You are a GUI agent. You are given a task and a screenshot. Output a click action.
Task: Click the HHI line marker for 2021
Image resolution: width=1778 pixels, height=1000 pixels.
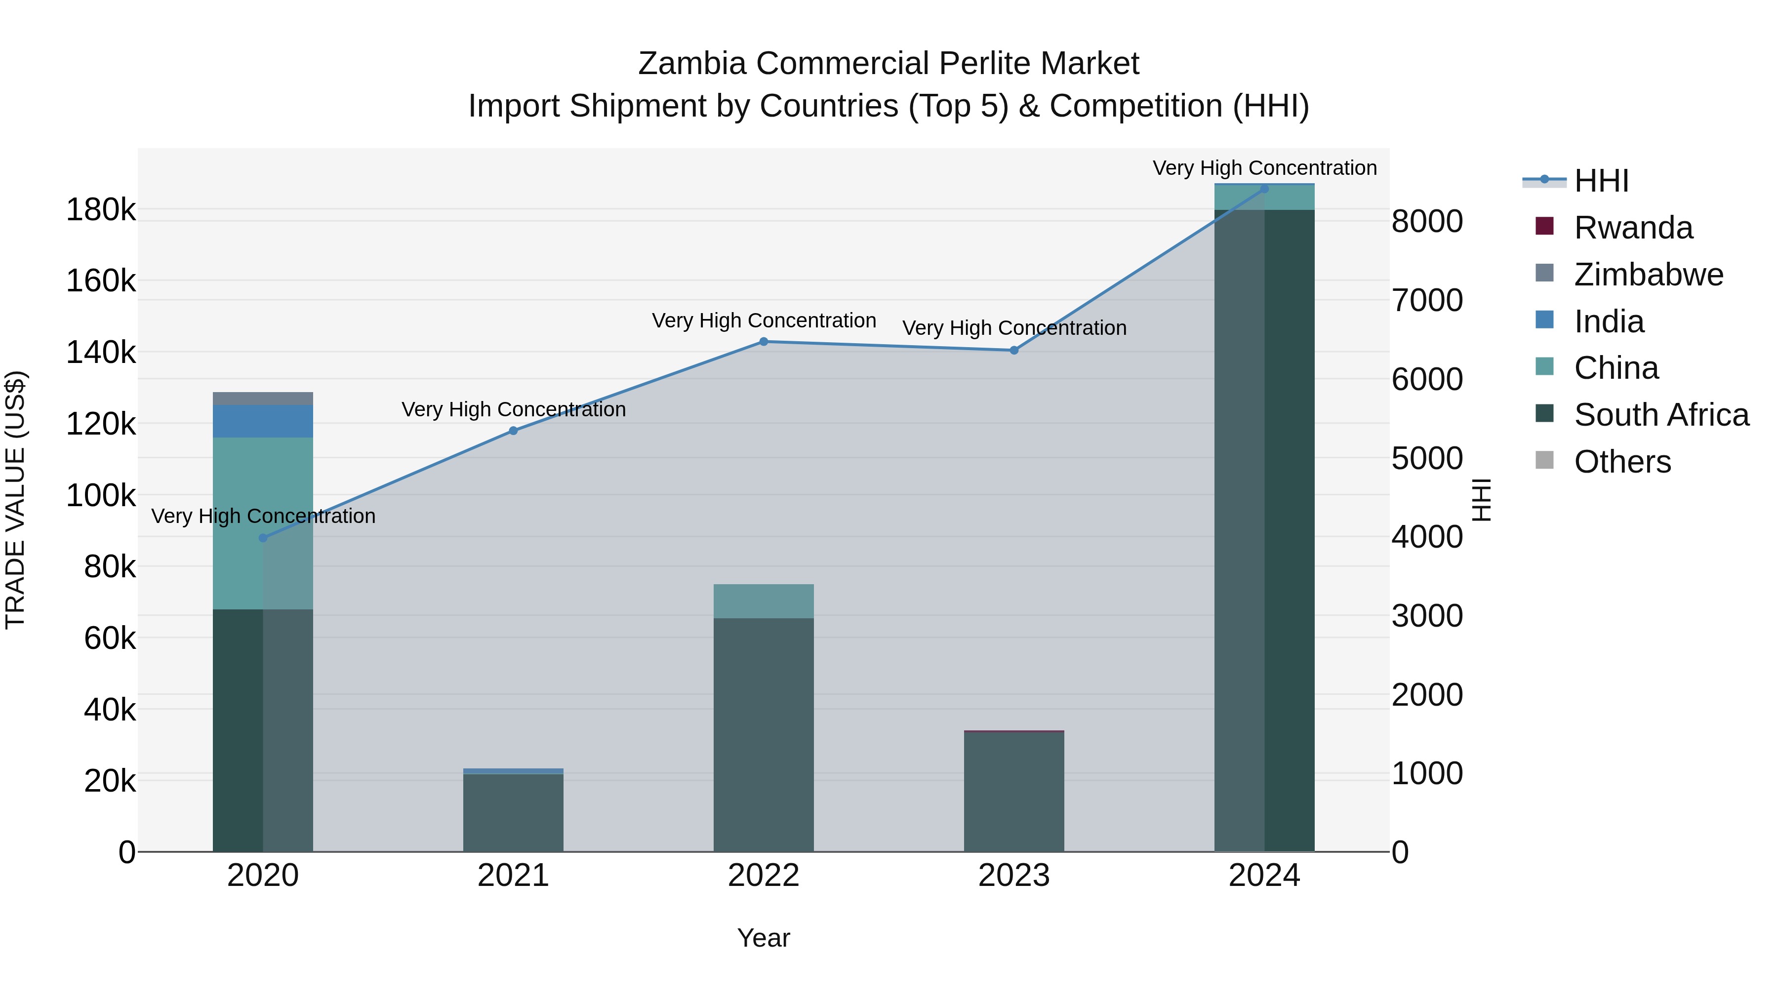pyautogui.click(x=513, y=431)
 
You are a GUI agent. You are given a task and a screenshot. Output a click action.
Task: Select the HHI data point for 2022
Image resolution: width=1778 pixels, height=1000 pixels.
pyautogui.click(x=764, y=342)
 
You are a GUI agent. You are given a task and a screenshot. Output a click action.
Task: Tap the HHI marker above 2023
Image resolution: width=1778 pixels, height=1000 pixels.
pyautogui.click(x=1014, y=351)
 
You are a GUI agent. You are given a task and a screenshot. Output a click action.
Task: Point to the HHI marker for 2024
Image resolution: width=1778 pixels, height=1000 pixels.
pyautogui.click(x=1264, y=189)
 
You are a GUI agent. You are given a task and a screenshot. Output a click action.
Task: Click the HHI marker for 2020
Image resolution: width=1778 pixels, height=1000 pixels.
pyautogui.click(x=263, y=538)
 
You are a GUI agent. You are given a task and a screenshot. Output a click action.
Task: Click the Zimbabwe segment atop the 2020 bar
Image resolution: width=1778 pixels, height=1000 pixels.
pyautogui.click(x=263, y=398)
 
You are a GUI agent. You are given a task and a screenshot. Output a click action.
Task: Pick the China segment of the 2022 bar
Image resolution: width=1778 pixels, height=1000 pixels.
pyautogui.click(x=764, y=601)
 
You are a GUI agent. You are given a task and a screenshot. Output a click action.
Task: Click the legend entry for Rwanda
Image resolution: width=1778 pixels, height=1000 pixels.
pyautogui.click(x=1633, y=228)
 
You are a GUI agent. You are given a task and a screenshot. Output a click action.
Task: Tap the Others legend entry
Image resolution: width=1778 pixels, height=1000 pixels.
pyautogui.click(x=1622, y=462)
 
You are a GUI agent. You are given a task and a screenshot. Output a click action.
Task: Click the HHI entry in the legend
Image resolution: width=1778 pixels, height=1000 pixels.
pyautogui.click(x=1601, y=181)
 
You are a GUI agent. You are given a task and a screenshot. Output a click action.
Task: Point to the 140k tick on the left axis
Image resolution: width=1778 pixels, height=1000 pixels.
pyautogui.click(x=101, y=353)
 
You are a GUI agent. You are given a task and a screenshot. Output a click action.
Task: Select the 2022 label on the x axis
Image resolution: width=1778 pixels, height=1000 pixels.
pyautogui.click(x=764, y=876)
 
